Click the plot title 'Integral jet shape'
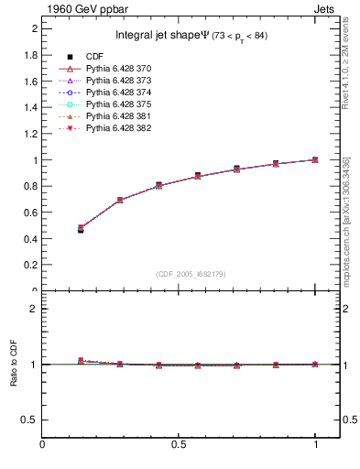[165, 36]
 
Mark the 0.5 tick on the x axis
[179, 446]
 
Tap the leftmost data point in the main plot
[81, 229]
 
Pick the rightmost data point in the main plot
[316, 159]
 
